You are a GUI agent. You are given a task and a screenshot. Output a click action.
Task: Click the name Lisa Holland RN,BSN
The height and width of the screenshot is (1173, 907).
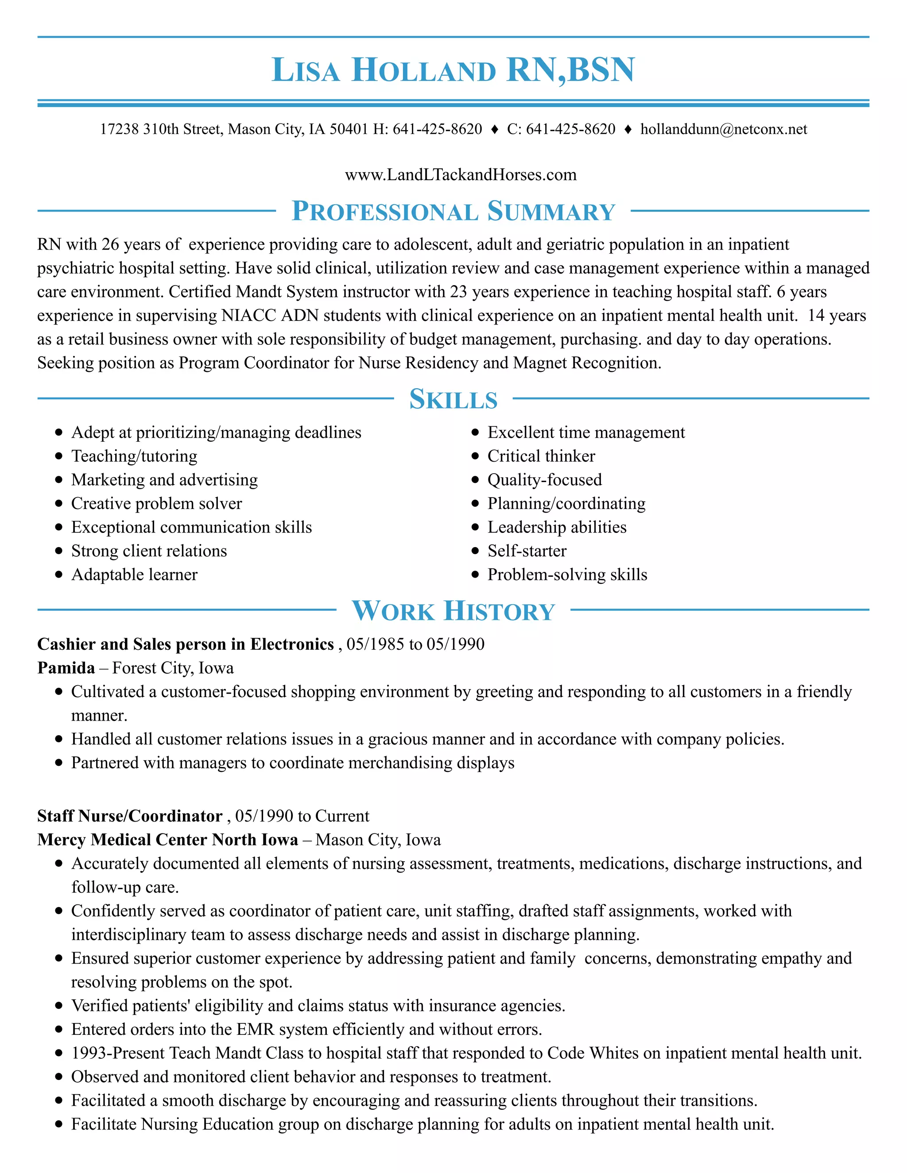coord(453,70)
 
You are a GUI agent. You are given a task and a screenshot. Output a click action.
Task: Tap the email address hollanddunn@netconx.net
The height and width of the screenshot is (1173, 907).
coord(723,129)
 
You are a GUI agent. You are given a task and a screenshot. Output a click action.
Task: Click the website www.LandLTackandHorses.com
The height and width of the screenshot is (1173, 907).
coord(461,175)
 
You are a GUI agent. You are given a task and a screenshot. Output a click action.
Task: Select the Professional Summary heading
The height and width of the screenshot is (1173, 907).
coord(453,211)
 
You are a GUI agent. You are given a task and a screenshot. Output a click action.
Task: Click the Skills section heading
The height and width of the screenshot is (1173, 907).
coord(453,399)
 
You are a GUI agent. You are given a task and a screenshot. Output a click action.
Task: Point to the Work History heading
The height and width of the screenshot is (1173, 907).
coord(453,611)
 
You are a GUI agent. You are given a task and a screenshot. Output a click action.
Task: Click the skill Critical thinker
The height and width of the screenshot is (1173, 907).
coord(541,456)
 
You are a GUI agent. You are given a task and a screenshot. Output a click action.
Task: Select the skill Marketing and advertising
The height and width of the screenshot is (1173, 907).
coord(164,480)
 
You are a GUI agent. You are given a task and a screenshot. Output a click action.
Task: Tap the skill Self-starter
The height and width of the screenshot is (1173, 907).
coord(527,551)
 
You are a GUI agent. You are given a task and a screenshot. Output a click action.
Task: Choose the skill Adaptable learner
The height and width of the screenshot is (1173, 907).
coord(134,575)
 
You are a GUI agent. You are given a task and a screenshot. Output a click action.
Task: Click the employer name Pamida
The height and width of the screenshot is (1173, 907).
coord(66,668)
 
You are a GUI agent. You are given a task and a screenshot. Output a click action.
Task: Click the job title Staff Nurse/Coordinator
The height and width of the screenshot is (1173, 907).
coord(129,816)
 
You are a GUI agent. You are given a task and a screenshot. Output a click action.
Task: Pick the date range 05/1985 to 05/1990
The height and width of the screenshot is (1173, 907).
coord(415,644)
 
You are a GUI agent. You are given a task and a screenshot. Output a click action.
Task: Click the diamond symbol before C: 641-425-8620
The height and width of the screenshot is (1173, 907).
coord(494,129)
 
